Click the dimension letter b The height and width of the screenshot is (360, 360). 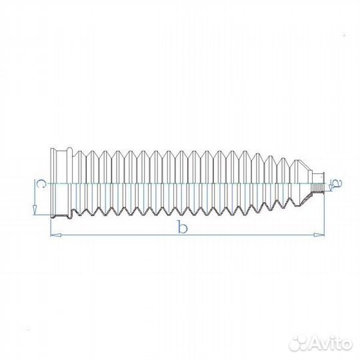[183, 227]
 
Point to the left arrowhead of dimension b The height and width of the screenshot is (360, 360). [56, 235]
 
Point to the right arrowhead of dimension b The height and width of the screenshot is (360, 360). [319, 235]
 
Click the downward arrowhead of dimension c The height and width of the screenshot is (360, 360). [35, 210]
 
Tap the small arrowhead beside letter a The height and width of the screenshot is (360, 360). [331, 188]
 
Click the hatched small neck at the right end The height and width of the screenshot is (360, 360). [317, 187]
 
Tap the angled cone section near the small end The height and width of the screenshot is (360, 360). [306, 166]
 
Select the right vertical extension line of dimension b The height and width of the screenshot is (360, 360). [324, 213]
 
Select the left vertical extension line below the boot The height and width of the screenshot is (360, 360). [51, 227]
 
